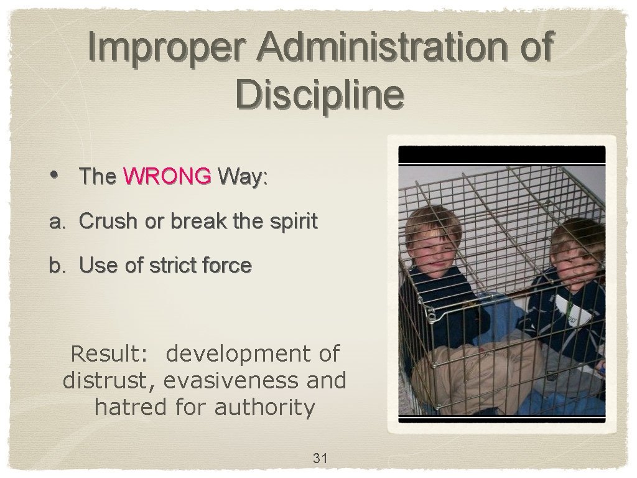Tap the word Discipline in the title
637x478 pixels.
click(x=320, y=95)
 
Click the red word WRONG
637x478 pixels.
click(x=167, y=177)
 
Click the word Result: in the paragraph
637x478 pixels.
click(x=109, y=354)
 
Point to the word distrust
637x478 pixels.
click(x=109, y=380)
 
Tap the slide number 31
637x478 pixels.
click(x=320, y=459)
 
